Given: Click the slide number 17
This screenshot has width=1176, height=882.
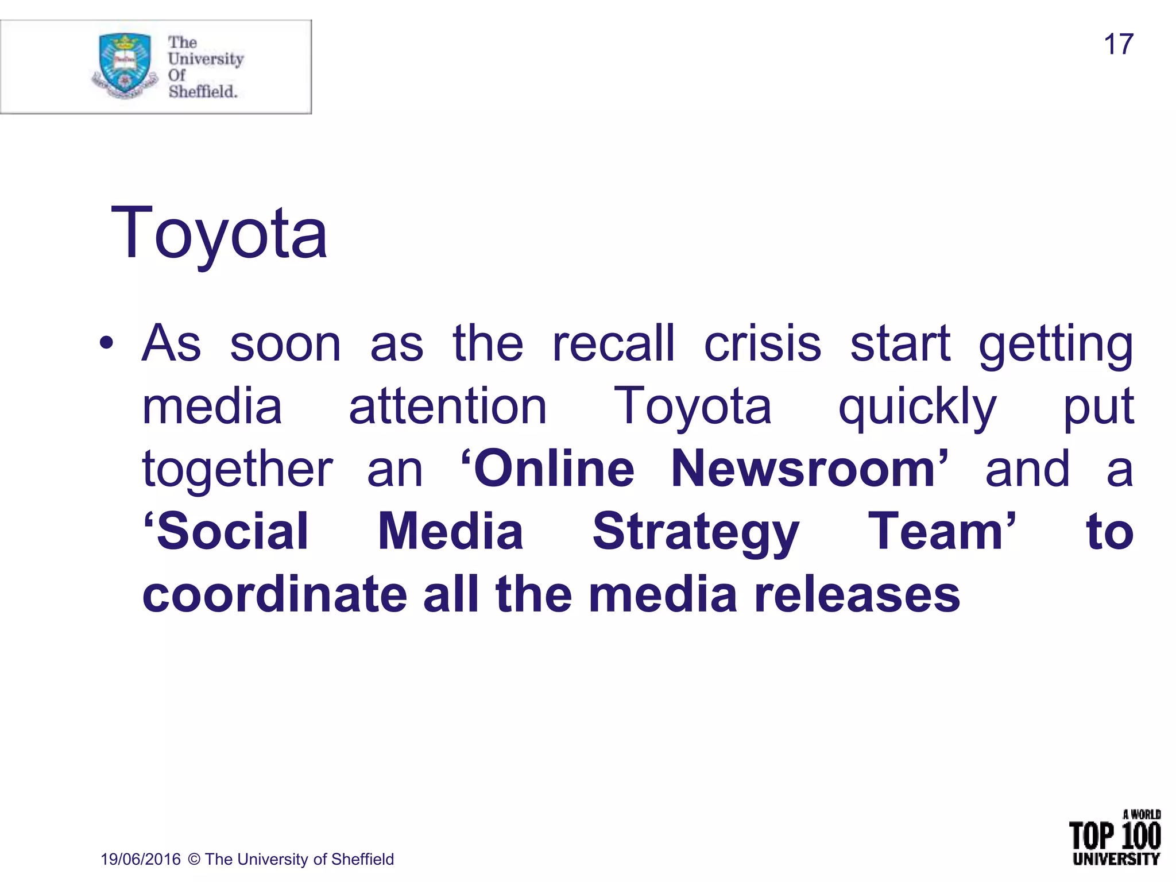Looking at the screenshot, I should click(1118, 45).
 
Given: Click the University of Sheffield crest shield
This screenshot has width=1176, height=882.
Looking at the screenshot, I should click(125, 63).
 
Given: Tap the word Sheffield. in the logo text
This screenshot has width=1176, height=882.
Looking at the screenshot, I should click(203, 91).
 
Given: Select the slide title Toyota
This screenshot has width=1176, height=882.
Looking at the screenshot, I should click(219, 233).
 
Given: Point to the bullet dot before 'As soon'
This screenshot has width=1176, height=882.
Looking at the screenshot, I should click(106, 343).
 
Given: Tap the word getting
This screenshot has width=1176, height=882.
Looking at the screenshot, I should click(1055, 345).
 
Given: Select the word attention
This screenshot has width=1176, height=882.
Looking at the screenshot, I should click(448, 407).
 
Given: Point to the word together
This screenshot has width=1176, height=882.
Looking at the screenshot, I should click(237, 469).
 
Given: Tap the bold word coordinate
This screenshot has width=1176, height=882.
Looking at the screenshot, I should click(274, 594).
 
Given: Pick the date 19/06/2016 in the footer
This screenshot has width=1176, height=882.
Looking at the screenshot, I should click(141, 859).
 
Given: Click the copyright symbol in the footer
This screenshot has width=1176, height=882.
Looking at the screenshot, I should click(194, 859).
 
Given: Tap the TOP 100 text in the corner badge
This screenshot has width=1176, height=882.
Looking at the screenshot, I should click(1115, 836).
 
